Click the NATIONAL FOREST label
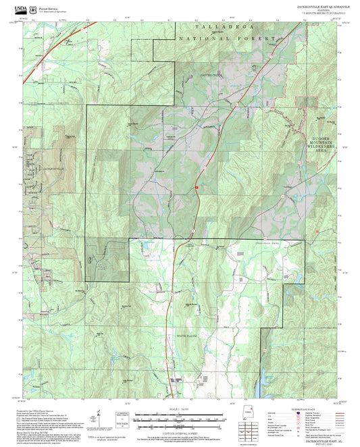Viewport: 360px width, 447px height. coord(227,39)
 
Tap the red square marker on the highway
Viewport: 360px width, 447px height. coord(197,187)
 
